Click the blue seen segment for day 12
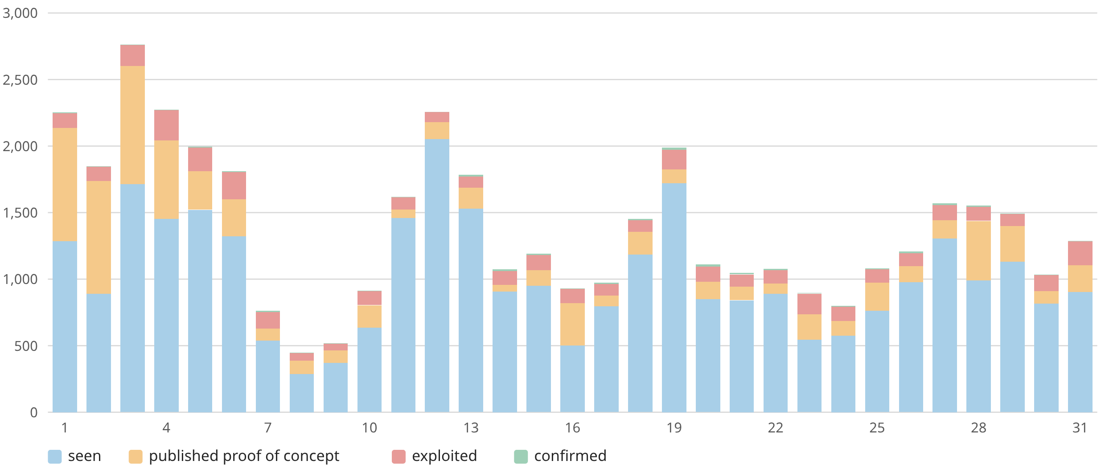pyautogui.click(x=437, y=276)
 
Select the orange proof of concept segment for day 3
pyautogui.click(x=132, y=125)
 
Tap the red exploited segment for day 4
pyautogui.click(x=166, y=125)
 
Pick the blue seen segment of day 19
pyautogui.click(x=674, y=298)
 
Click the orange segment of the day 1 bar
pyautogui.click(x=65, y=185)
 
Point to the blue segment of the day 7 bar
pyautogui.click(x=268, y=376)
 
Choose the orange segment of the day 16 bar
pyautogui.click(x=572, y=324)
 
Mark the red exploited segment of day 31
pyautogui.click(x=1080, y=253)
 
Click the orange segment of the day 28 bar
pyautogui.click(x=978, y=251)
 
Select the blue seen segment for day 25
pyautogui.click(x=877, y=362)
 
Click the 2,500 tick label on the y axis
pyautogui.click(x=20, y=80)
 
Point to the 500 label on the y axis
pyautogui.click(x=26, y=346)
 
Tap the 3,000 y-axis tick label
pyautogui.click(x=20, y=13)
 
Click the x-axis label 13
pyautogui.click(x=471, y=428)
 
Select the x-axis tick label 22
pyautogui.click(x=776, y=428)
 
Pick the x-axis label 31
pyautogui.click(x=1080, y=428)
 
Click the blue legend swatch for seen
pyautogui.click(x=55, y=457)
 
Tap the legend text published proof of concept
pyautogui.click(x=244, y=456)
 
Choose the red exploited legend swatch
pyautogui.click(x=398, y=457)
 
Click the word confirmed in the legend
pyautogui.click(x=570, y=456)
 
